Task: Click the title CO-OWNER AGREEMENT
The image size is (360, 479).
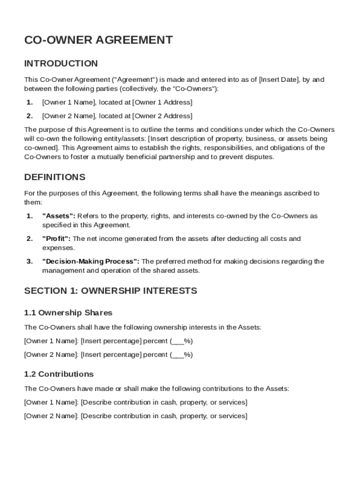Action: pos(98,40)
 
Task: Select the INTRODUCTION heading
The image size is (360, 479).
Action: pos(61,64)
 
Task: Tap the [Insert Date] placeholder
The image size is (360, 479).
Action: pos(279,80)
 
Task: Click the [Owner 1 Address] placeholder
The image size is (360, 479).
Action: pos(162,102)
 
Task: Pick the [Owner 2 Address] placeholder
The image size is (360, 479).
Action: pos(162,116)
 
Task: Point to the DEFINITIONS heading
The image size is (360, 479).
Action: pos(55,177)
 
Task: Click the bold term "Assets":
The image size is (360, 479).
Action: pos(58,216)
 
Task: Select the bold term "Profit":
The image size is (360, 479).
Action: pos(56,239)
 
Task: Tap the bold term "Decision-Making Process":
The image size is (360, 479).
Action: pos(91,261)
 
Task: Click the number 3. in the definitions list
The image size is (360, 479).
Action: pos(29,261)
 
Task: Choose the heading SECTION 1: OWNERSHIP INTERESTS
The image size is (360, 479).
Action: pos(110,291)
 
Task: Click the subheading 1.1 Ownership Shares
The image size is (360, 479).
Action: pos(68,312)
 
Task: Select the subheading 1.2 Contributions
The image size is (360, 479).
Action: pos(59,374)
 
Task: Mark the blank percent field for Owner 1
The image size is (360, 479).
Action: pos(178,341)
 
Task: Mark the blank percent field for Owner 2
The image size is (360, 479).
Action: pos(178,355)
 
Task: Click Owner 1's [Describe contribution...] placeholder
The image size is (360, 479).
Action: pos(164,402)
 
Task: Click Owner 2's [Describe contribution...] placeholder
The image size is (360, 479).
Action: pos(164,416)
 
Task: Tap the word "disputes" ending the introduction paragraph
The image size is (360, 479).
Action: pos(259,157)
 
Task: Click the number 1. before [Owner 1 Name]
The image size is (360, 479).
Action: pos(29,102)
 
